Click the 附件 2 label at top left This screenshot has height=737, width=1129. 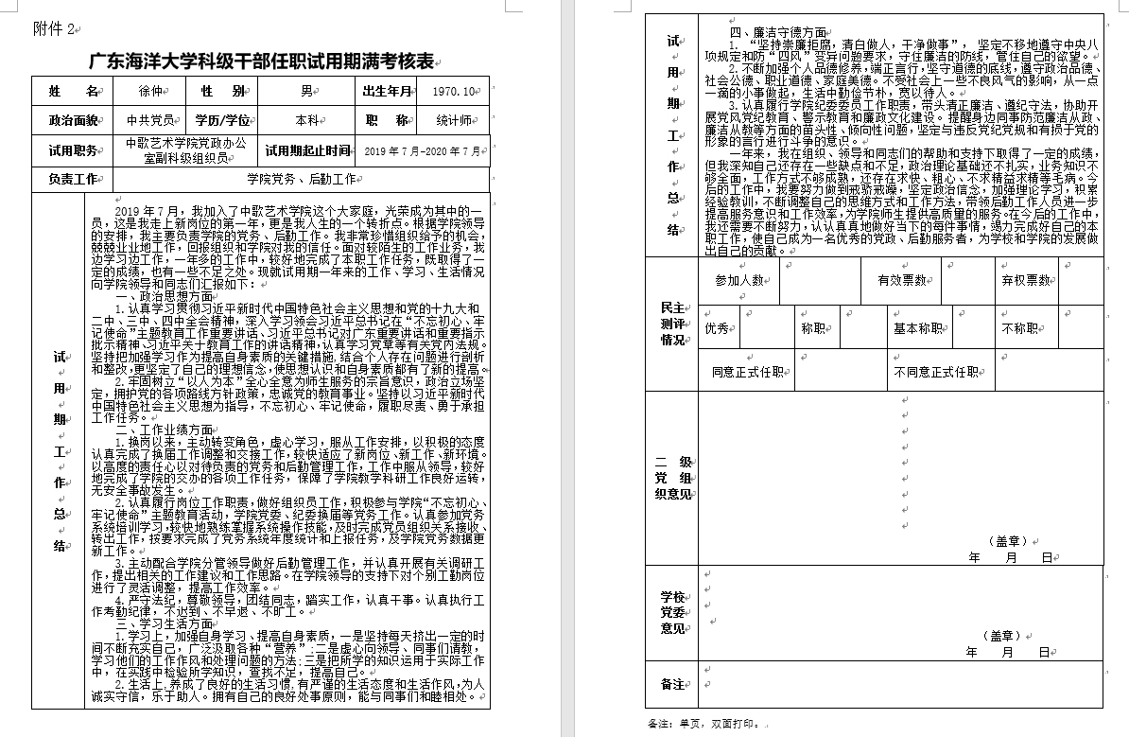53,29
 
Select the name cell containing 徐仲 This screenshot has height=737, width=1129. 149,91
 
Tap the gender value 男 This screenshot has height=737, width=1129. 306,91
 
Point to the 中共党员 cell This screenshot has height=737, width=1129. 149,120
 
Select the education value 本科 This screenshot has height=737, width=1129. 306,120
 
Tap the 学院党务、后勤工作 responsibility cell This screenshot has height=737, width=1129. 301,178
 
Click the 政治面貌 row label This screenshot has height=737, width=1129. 73,120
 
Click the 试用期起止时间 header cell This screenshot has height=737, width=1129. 307,150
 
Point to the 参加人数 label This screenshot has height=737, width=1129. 739,280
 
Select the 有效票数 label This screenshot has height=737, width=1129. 901,280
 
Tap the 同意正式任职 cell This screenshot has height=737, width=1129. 748,372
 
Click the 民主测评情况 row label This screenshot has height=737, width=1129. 673,324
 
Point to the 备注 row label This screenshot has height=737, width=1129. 672,683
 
